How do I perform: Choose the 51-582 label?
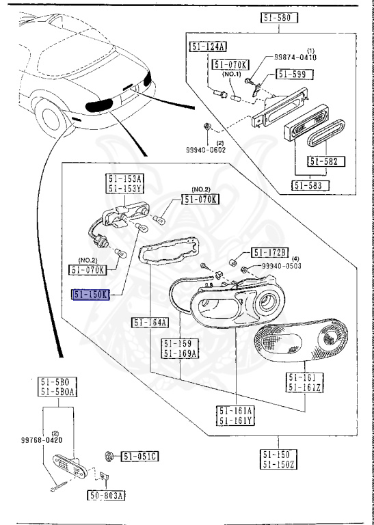pyautogui.click(x=326, y=162)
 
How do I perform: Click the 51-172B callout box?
pyautogui.click(x=270, y=253)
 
